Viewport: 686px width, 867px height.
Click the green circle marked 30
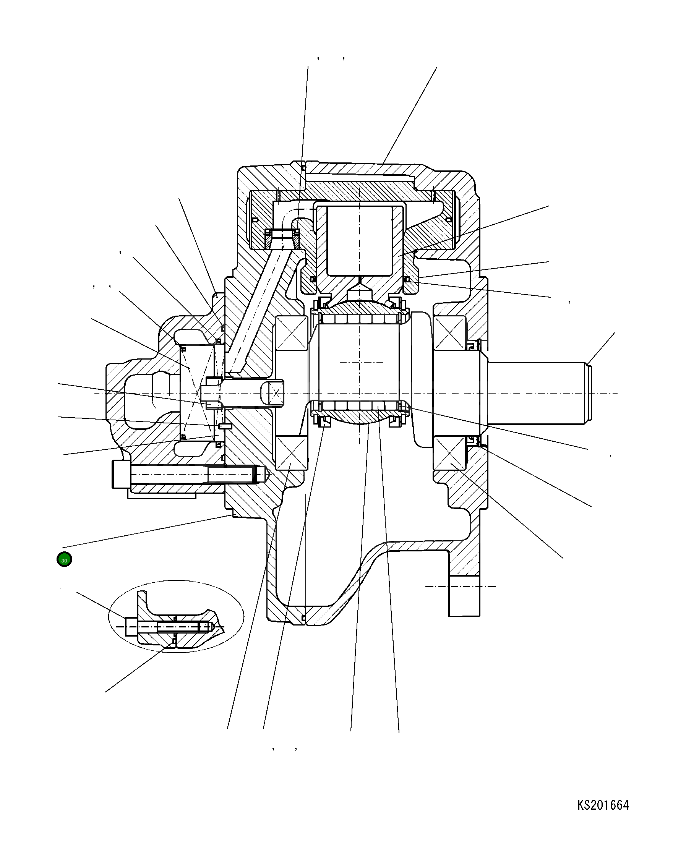[64, 560]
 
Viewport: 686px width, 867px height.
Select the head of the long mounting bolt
[121, 474]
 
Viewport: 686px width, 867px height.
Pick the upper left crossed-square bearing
[291, 333]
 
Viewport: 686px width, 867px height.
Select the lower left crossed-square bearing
[291, 453]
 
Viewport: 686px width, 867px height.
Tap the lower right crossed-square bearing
[449, 453]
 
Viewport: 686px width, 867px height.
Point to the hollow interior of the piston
[360, 241]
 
